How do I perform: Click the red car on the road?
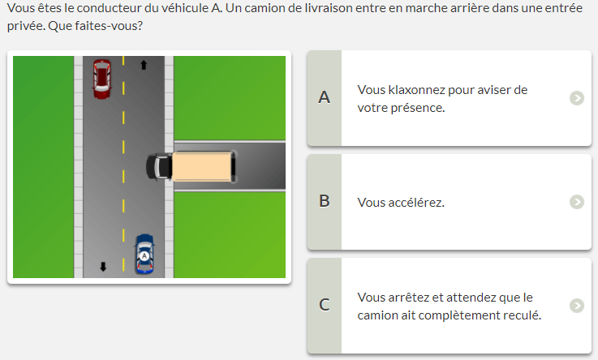pyautogui.click(x=101, y=79)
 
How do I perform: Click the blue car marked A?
pyautogui.click(x=144, y=254)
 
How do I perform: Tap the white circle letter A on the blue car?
pyautogui.click(x=144, y=256)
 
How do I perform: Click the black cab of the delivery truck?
pyautogui.click(x=159, y=166)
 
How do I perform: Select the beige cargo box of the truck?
pyautogui.click(x=202, y=166)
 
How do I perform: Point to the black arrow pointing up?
pyautogui.click(x=144, y=65)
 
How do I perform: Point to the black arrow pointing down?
pyautogui.click(x=103, y=267)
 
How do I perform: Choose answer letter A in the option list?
pyautogui.click(x=325, y=97)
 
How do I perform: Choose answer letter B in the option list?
pyautogui.click(x=325, y=201)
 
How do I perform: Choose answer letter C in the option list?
pyautogui.click(x=325, y=305)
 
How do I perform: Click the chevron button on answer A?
pyautogui.click(x=577, y=98)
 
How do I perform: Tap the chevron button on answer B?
pyautogui.click(x=577, y=202)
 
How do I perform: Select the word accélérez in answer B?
pyautogui.click(x=416, y=202)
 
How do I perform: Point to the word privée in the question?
pyautogui.click(x=26, y=26)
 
